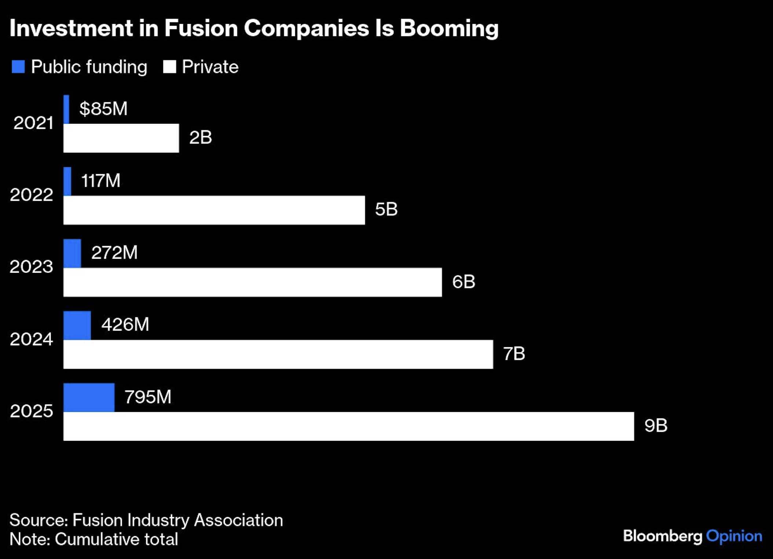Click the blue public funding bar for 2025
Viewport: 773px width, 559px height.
coord(89,398)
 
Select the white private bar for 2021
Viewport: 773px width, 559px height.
coord(121,138)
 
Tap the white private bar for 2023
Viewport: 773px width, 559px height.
coord(252,282)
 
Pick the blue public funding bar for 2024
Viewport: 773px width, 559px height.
coord(77,325)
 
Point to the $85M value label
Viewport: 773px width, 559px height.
coord(103,109)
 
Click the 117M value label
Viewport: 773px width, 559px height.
coord(100,180)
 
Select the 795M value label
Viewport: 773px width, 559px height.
coord(148,397)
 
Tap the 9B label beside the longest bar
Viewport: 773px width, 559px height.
coord(656,425)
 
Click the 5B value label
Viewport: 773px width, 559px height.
coord(386,209)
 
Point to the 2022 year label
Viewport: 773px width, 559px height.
coord(32,195)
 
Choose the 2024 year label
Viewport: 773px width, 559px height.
coord(32,339)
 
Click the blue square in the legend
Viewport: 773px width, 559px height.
coord(18,67)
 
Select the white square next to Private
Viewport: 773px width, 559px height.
coord(169,67)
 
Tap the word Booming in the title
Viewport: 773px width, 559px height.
coord(449,28)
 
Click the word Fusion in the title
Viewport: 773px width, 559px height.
coord(201,28)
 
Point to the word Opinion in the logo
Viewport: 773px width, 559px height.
coord(734,536)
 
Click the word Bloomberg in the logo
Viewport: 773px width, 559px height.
coord(662,536)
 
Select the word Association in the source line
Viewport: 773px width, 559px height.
coord(238,520)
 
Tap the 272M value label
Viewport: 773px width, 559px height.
coord(114,253)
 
